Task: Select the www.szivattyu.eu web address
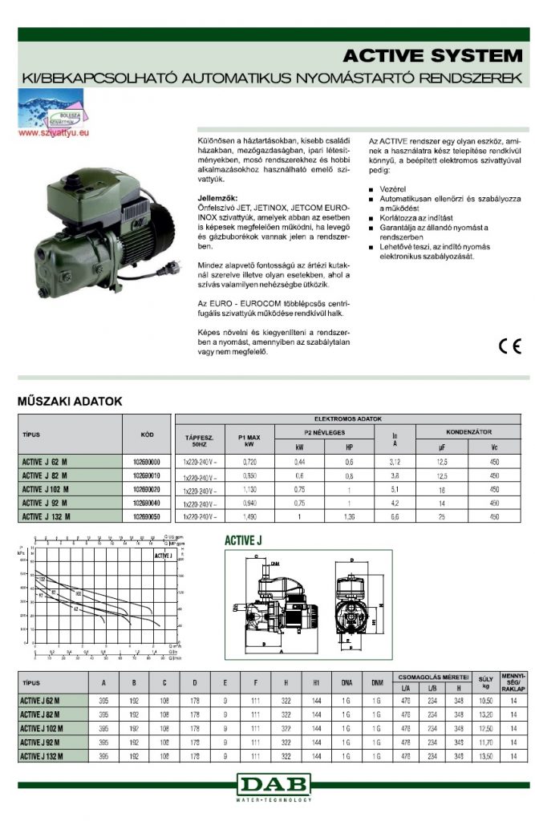(x=51, y=134)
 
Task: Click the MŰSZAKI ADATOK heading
(x=70, y=402)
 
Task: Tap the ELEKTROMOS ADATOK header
(x=354, y=419)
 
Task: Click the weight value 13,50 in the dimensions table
(x=484, y=756)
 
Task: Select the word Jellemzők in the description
(x=217, y=197)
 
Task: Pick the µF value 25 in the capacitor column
(x=442, y=516)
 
